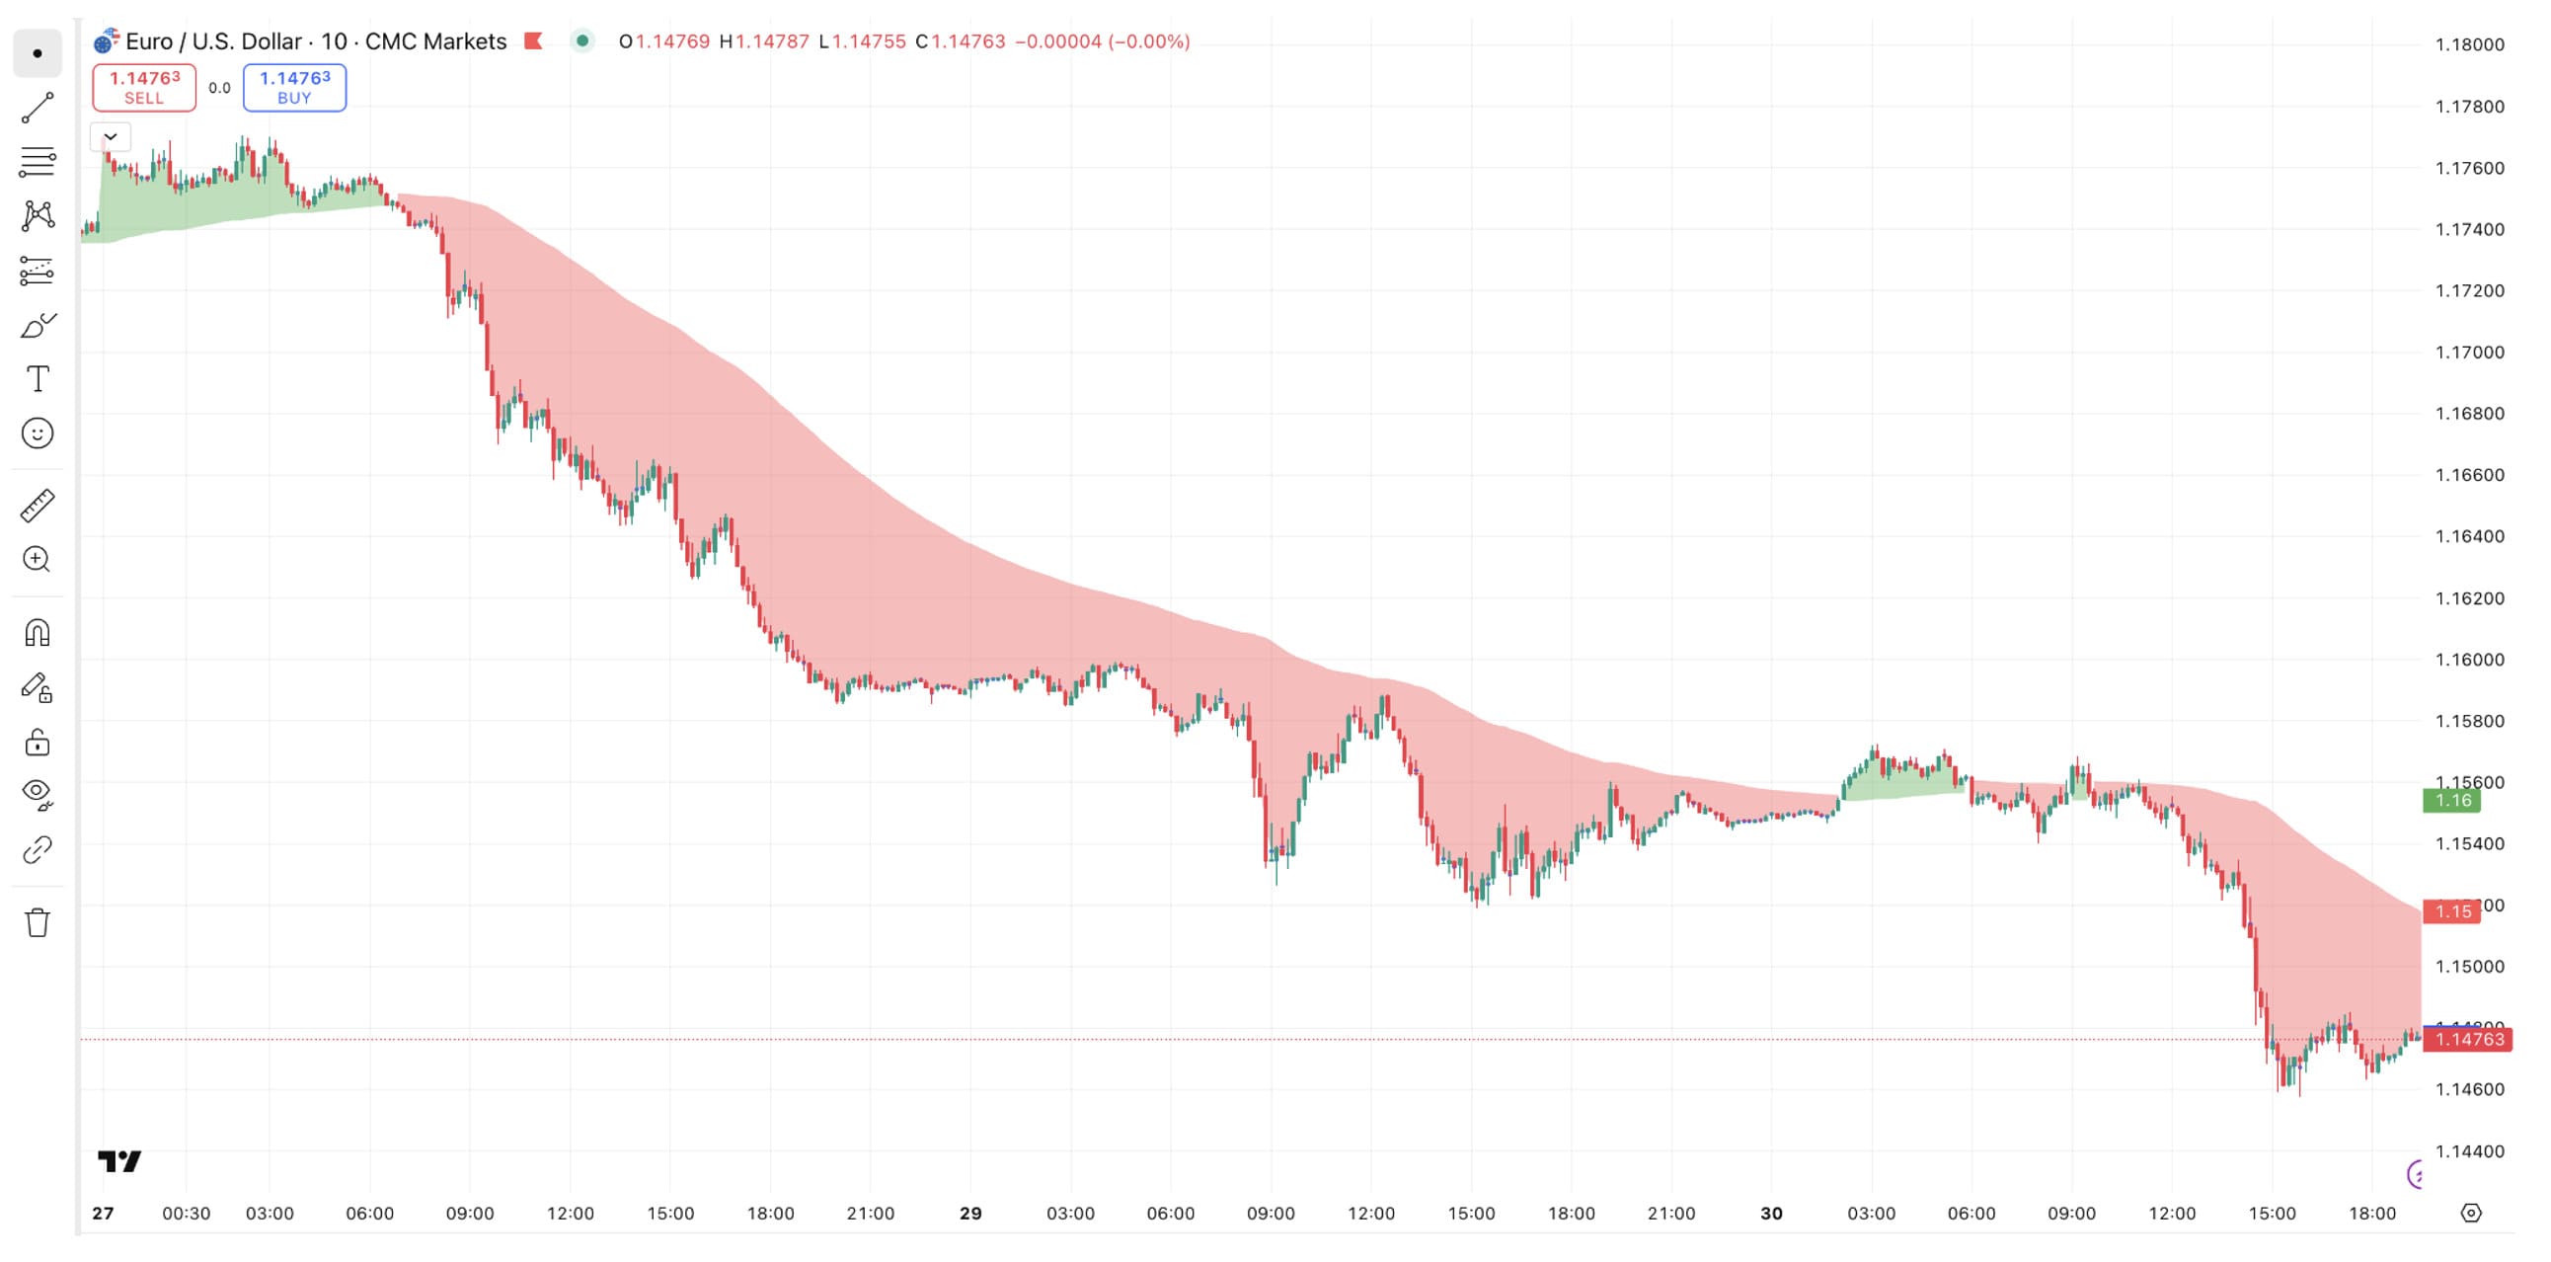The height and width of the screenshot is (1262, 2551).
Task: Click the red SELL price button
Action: [143, 87]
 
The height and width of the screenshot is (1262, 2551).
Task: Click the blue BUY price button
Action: [294, 87]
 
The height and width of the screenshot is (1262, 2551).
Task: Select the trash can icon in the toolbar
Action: [38, 922]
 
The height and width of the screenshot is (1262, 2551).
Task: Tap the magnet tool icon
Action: [38, 632]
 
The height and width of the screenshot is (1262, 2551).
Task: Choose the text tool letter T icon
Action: [38, 378]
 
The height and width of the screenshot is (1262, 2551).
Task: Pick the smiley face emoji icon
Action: [38, 433]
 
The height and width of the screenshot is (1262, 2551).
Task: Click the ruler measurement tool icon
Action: [38, 506]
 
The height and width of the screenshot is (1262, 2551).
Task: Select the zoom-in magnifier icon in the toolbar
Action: [38, 560]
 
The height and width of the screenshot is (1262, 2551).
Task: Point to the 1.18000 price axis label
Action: [2469, 44]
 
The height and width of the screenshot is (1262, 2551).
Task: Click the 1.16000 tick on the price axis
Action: [2469, 660]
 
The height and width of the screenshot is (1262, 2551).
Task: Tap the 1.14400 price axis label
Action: [2469, 1151]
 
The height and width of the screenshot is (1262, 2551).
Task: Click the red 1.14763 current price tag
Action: [2468, 1039]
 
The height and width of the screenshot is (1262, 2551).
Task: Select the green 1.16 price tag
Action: [2451, 801]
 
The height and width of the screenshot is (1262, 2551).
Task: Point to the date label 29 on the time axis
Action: [970, 1213]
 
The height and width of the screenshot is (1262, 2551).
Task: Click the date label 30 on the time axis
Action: [1771, 1213]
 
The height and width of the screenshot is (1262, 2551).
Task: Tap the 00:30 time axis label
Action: [187, 1213]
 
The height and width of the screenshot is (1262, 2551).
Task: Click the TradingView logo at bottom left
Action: [119, 1160]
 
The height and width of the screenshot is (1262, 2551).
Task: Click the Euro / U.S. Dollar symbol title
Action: [315, 41]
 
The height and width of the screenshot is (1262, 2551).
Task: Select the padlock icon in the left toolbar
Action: [38, 742]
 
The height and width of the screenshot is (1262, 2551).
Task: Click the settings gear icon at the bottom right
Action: [2471, 1213]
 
